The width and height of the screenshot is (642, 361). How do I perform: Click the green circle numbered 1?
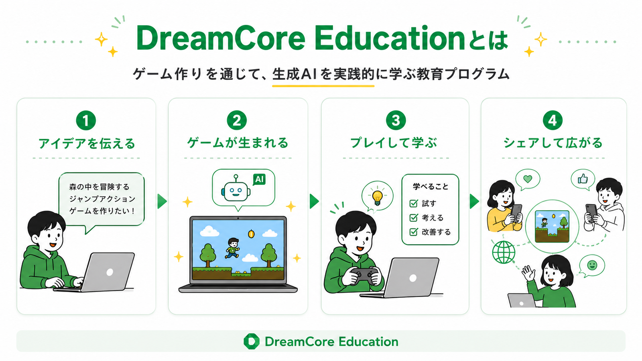click(x=86, y=120)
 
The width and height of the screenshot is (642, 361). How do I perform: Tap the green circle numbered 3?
click(x=396, y=120)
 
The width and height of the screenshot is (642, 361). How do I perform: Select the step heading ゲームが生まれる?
click(x=238, y=143)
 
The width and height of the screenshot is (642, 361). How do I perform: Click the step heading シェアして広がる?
click(x=553, y=143)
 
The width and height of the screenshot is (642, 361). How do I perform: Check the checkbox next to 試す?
click(x=414, y=203)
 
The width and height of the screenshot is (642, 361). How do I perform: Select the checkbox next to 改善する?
click(x=414, y=231)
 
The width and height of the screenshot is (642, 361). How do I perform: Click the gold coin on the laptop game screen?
click(x=251, y=234)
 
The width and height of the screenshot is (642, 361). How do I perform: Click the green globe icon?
click(x=504, y=252)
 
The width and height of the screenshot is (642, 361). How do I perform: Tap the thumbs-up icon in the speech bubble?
click(x=583, y=179)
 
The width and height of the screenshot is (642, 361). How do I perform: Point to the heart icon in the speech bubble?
click(x=528, y=179)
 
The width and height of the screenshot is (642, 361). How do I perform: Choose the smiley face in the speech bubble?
click(x=592, y=265)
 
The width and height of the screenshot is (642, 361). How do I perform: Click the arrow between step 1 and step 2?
click(x=162, y=201)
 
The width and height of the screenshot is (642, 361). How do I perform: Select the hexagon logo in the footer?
click(x=251, y=341)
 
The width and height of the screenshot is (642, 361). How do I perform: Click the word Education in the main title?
click(x=389, y=38)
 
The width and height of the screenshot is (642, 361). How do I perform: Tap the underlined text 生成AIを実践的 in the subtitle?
click(x=323, y=74)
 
